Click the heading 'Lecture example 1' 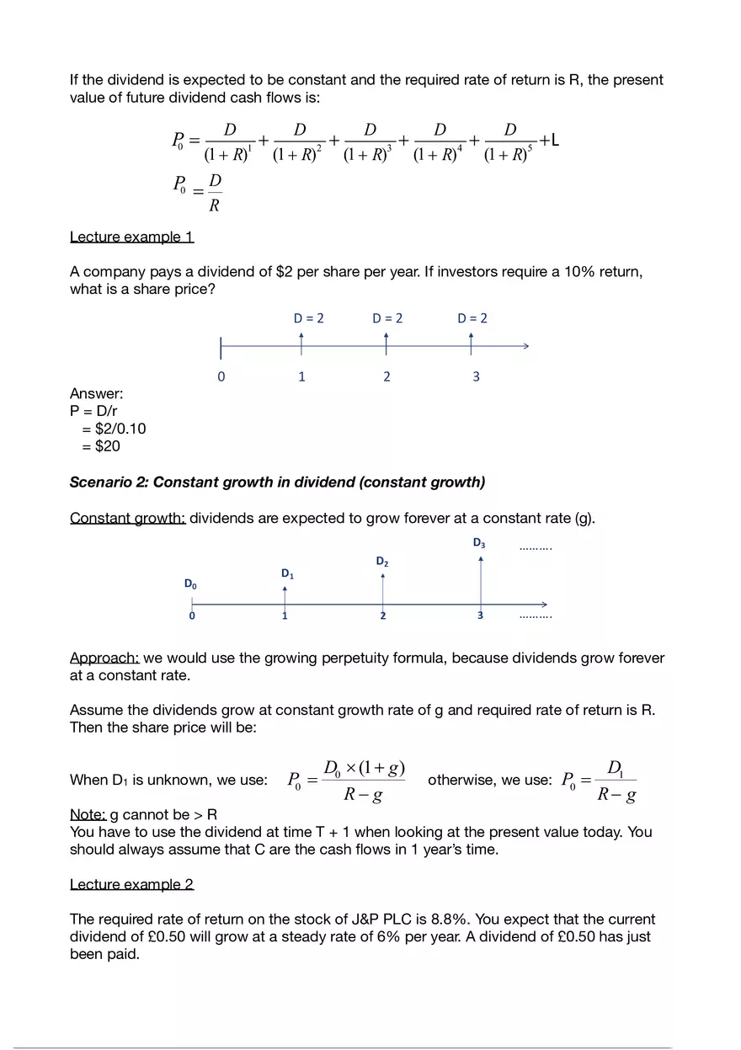(x=131, y=237)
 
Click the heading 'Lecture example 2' (x=131, y=884)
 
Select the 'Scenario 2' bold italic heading (x=277, y=482)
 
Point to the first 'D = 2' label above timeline (x=308, y=318)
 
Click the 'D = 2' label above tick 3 (x=472, y=318)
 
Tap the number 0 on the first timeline (x=221, y=376)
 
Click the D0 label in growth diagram (x=191, y=584)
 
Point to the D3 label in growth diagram (x=478, y=544)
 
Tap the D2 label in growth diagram (x=381, y=561)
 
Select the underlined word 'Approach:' (x=104, y=658)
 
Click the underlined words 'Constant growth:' (x=127, y=518)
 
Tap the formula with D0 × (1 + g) (x=347, y=781)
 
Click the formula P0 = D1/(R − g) (x=600, y=781)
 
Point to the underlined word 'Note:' (x=88, y=814)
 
